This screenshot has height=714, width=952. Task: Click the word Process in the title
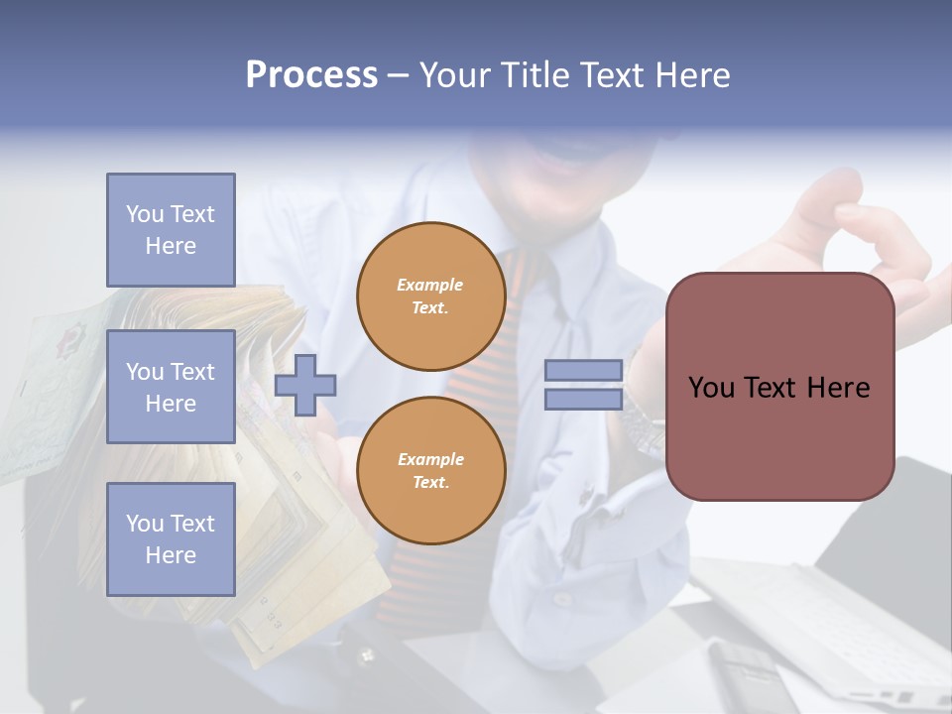click(x=311, y=75)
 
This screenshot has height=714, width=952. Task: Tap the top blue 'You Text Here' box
click(x=171, y=230)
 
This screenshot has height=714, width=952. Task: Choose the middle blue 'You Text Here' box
click(x=171, y=387)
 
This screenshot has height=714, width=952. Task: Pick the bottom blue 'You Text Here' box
click(x=171, y=538)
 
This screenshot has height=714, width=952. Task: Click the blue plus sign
click(x=305, y=385)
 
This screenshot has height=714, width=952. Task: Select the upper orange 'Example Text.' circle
click(x=431, y=297)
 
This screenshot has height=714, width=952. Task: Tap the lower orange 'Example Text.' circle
click(x=431, y=470)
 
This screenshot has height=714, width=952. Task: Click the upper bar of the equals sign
click(x=583, y=371)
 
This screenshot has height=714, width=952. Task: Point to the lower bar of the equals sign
click(x=583, y=399)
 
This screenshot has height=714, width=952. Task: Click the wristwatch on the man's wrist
click(x=643, y=421)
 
